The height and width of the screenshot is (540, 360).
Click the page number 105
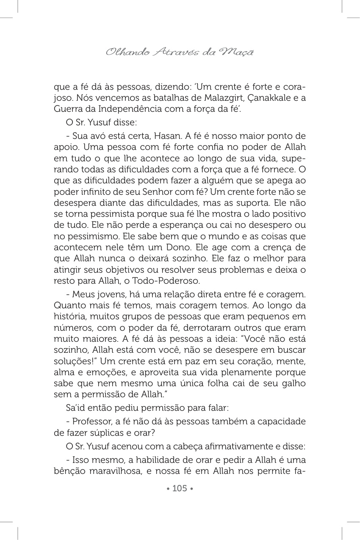tap(180, 488)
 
